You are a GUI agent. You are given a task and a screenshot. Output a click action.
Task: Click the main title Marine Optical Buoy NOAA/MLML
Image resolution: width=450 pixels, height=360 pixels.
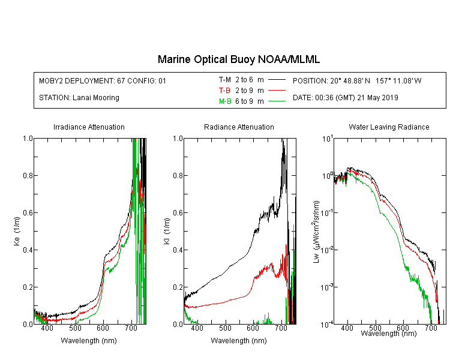coord(238,59)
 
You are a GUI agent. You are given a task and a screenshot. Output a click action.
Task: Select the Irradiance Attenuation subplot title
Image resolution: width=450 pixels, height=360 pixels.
coord(89,127)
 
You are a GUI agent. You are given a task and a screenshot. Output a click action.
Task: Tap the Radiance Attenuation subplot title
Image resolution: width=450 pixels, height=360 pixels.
coord(239,127)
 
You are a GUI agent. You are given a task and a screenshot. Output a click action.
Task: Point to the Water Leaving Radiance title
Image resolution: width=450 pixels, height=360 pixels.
coord(389,127)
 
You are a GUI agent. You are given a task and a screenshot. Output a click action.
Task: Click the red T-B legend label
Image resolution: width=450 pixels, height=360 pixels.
coord(224,91)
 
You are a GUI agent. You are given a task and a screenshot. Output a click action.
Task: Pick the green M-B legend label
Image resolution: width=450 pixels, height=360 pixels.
coord(225,101)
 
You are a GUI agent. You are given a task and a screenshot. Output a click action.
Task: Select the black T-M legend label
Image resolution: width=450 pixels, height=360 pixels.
coord(225,80)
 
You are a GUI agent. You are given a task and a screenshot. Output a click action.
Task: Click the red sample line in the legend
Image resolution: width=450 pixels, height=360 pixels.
coord(277,91)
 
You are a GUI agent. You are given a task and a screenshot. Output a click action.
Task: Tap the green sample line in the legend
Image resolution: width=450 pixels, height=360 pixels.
coord(277,101)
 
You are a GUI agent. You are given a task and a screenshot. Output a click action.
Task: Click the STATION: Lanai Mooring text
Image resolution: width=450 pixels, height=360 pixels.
coord(79,98)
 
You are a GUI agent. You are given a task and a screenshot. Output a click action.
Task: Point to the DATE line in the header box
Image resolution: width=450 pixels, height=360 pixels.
coord(345,98)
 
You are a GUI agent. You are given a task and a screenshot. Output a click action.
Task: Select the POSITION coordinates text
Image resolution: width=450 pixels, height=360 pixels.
coord(357,80)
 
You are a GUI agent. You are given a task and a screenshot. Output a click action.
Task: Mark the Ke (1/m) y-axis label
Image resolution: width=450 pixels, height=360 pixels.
coord(17,232)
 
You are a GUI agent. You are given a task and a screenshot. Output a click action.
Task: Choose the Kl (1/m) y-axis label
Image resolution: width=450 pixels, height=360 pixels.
coord(167,232)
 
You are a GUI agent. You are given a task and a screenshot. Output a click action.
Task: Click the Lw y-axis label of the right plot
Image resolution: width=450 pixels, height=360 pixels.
coord(316,232)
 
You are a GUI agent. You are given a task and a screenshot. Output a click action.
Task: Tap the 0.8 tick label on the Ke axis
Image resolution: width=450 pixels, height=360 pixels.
coord(28,175)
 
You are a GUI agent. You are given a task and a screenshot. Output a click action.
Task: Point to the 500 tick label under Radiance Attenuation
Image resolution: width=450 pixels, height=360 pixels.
coord(225,328)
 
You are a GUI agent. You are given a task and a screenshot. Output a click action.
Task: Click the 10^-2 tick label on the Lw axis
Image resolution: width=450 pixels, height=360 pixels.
coord(327,249)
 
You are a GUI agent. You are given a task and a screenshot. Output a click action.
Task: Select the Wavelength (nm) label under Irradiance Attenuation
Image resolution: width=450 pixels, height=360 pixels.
coord(89,341)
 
